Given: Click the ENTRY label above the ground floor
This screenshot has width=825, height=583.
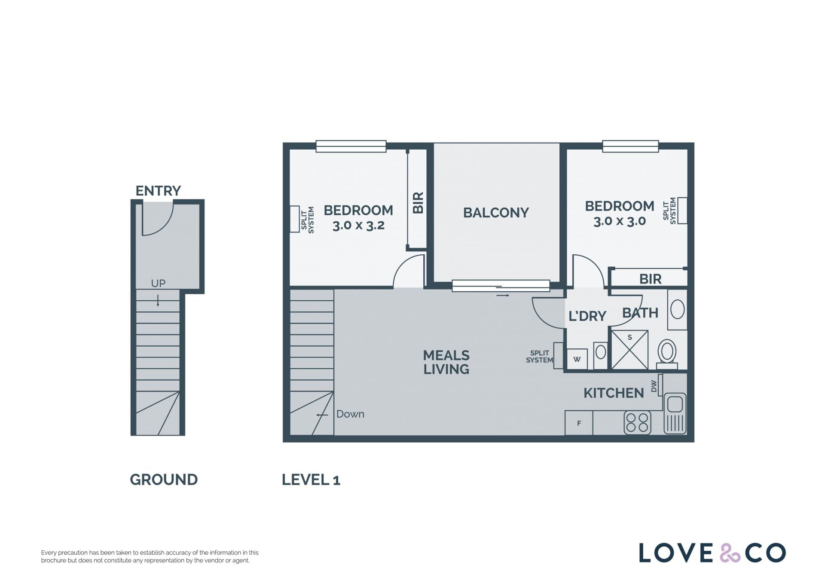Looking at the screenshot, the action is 158,190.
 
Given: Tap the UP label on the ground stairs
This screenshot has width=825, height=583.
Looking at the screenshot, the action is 158,283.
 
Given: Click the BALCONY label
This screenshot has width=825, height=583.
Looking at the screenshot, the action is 496,212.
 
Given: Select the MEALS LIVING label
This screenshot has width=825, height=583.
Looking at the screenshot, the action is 446,362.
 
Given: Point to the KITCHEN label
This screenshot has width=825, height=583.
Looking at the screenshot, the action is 614,393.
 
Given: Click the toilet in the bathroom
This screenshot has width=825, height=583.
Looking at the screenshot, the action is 667,354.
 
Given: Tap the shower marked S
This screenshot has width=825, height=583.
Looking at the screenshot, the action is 629,350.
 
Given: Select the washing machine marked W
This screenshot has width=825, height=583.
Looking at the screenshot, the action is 577,359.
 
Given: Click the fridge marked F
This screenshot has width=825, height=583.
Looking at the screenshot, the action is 579,423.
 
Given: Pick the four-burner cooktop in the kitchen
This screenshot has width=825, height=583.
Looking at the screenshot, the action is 637,422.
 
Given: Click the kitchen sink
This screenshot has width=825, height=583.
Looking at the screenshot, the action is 675,413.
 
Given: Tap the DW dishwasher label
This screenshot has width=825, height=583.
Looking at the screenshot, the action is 654,386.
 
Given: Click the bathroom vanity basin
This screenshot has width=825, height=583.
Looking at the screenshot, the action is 677,310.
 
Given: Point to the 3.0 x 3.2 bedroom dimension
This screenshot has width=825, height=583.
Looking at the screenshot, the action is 358,226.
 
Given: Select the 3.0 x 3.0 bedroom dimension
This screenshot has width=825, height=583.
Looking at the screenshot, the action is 620,221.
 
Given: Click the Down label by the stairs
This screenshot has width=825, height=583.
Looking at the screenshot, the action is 350,414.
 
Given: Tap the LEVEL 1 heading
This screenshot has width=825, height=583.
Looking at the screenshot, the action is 311,479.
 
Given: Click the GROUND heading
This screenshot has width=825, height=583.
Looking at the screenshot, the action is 164,479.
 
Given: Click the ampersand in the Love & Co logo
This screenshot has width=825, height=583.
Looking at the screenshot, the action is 730,553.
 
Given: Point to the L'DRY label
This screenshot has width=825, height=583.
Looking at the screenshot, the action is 587,316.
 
